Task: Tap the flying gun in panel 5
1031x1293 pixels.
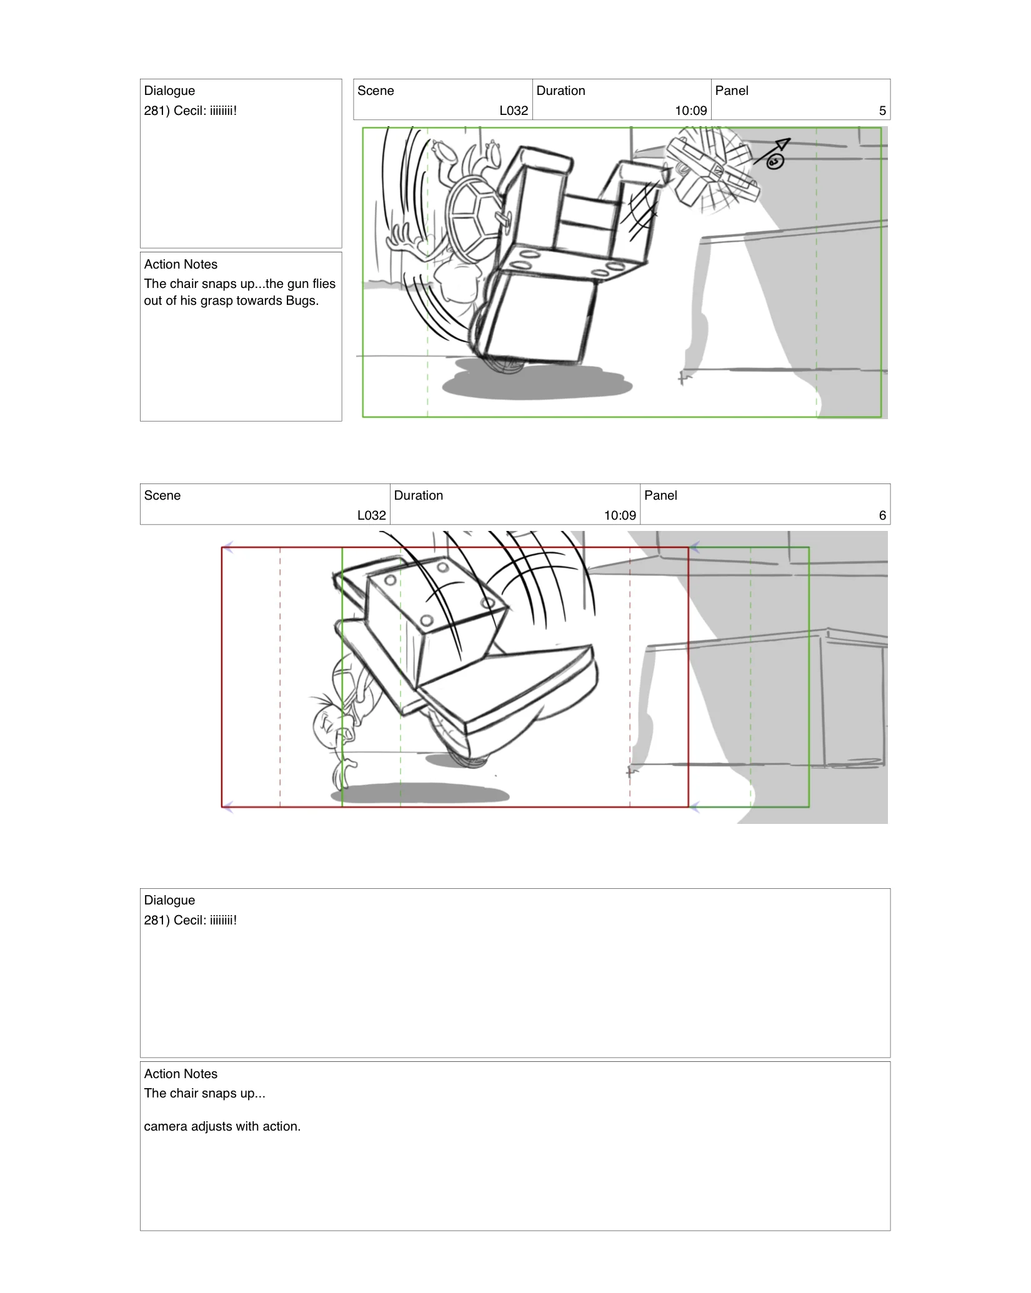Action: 712,169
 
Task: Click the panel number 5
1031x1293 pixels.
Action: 882,111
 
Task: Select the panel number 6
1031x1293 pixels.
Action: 882,515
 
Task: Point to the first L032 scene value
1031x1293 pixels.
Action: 514,111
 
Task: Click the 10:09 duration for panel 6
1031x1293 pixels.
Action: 619,515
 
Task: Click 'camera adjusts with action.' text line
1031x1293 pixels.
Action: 222,1126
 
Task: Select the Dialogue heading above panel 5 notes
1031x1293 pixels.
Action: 169,91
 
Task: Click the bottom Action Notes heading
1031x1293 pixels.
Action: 181,1074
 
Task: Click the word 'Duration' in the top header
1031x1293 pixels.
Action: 560,91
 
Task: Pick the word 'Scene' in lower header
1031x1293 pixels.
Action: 162,495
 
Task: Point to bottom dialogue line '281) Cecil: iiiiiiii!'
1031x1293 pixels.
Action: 191,920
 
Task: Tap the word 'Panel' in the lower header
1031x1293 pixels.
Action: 660,495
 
